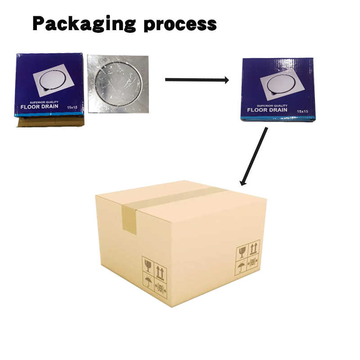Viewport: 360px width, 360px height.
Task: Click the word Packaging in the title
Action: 84,23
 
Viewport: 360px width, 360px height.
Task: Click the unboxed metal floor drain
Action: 118,84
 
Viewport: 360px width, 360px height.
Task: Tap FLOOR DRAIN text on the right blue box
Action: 267,109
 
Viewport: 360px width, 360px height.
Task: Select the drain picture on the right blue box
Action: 281,84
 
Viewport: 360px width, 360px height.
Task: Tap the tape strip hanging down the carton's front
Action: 130,220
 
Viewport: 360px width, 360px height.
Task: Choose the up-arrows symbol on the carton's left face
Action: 160,272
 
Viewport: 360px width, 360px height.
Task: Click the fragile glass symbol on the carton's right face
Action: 242,252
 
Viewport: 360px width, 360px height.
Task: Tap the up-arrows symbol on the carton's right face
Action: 254,247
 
